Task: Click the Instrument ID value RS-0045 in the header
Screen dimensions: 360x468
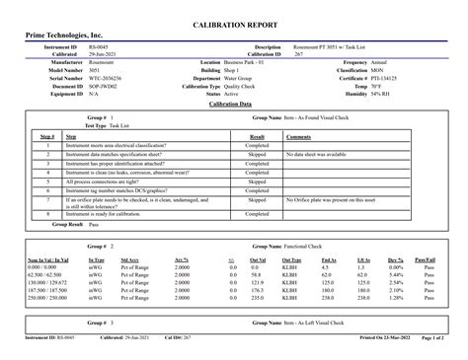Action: point(99,46)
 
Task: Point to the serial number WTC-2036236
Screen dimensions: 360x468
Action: point(108,77)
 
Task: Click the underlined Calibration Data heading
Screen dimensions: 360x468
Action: point(233,103)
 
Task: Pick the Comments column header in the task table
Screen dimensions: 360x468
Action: point(299,136)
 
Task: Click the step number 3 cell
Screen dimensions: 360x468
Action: point(47,164)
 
